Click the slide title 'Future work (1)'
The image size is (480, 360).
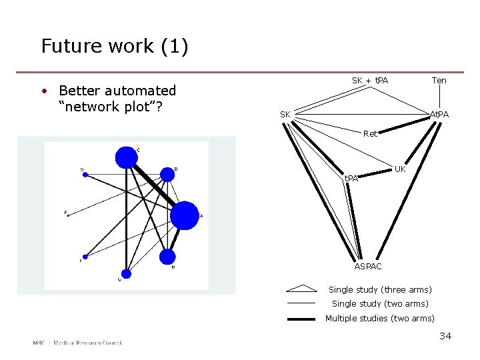115,47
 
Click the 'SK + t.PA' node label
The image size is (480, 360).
370,81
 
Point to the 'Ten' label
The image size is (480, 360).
439,81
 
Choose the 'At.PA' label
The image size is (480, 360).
439,115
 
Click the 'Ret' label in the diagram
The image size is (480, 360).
370,134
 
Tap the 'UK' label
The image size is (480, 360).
400,169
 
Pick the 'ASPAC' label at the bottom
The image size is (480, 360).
368,267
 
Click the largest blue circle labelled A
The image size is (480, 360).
185,215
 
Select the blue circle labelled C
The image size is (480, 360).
125,157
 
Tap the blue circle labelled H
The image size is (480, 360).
167,257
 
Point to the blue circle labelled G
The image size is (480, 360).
126,273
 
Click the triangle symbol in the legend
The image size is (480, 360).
301,289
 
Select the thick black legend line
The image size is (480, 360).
301,319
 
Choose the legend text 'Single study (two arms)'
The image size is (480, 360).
380,304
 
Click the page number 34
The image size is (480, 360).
445,336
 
